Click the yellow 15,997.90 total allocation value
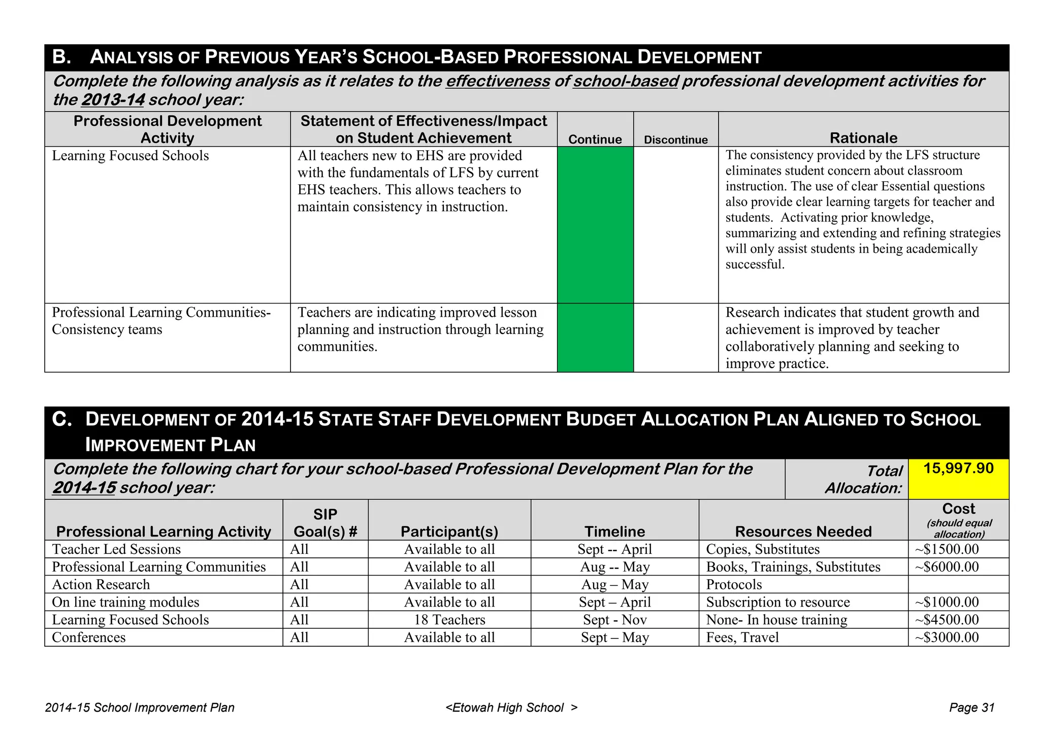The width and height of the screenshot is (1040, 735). coord(958,468)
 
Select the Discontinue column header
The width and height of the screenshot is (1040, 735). coord(675,140)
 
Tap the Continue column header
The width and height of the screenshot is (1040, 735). coord(595,140)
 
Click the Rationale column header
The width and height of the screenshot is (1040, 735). coord(863,138)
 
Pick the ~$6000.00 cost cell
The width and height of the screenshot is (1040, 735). coord(947,567)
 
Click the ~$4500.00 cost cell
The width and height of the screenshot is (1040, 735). coord(947,620)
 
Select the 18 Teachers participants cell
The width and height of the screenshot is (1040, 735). coord(449,620)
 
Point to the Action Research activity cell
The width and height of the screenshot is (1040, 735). coord(101,585)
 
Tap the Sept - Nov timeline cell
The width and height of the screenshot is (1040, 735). coord(614,620)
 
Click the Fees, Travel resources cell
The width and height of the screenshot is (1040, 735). coord(742,638)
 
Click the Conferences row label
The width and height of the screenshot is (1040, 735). coord(89,638)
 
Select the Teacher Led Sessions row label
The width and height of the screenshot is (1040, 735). coord(116,549)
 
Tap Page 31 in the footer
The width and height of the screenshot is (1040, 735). coord(971,708)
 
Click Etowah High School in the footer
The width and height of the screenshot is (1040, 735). coord(508,708)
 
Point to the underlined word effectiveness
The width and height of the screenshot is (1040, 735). coord(498,81)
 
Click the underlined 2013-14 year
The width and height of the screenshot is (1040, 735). coord(113,100)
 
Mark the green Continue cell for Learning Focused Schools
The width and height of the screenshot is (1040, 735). coord(595,225)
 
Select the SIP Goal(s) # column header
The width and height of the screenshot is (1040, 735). coord(326,523)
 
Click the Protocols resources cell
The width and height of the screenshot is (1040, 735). coord(734,585)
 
